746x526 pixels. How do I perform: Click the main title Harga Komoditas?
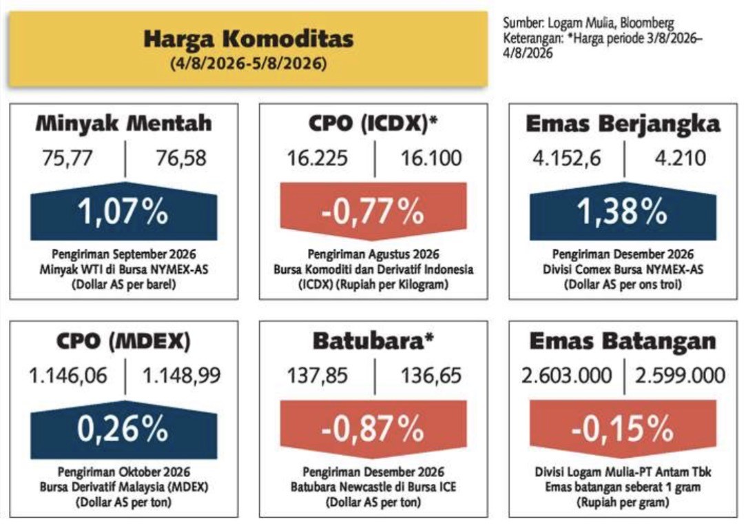click(249, 39)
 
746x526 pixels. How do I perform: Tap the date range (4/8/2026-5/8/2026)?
click(249, 64)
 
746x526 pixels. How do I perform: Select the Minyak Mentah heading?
click(124, 123)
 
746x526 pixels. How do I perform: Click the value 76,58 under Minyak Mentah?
click(181, 158)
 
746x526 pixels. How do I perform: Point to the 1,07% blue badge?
click(124, 211)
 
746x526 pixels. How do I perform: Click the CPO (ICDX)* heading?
click(373, 124)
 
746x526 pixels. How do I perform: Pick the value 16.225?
click(317, 158)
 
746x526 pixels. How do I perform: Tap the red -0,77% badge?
click(373, 211)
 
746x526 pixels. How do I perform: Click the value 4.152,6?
click(567, 158)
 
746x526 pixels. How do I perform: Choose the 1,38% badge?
click(623, 211)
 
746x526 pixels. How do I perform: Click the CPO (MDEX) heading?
click(123, 341)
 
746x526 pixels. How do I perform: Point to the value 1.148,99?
click(182, 376)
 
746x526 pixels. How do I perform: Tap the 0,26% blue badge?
click(124, 429)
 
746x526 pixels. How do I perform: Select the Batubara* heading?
click(373, 341)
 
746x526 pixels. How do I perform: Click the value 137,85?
click(318, 376)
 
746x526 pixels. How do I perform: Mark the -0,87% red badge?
click(373, 429)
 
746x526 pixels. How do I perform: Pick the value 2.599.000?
click(680, 376)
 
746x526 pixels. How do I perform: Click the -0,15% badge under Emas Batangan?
click(623, 429)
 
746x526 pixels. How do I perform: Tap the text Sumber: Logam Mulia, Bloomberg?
click(588, 23)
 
